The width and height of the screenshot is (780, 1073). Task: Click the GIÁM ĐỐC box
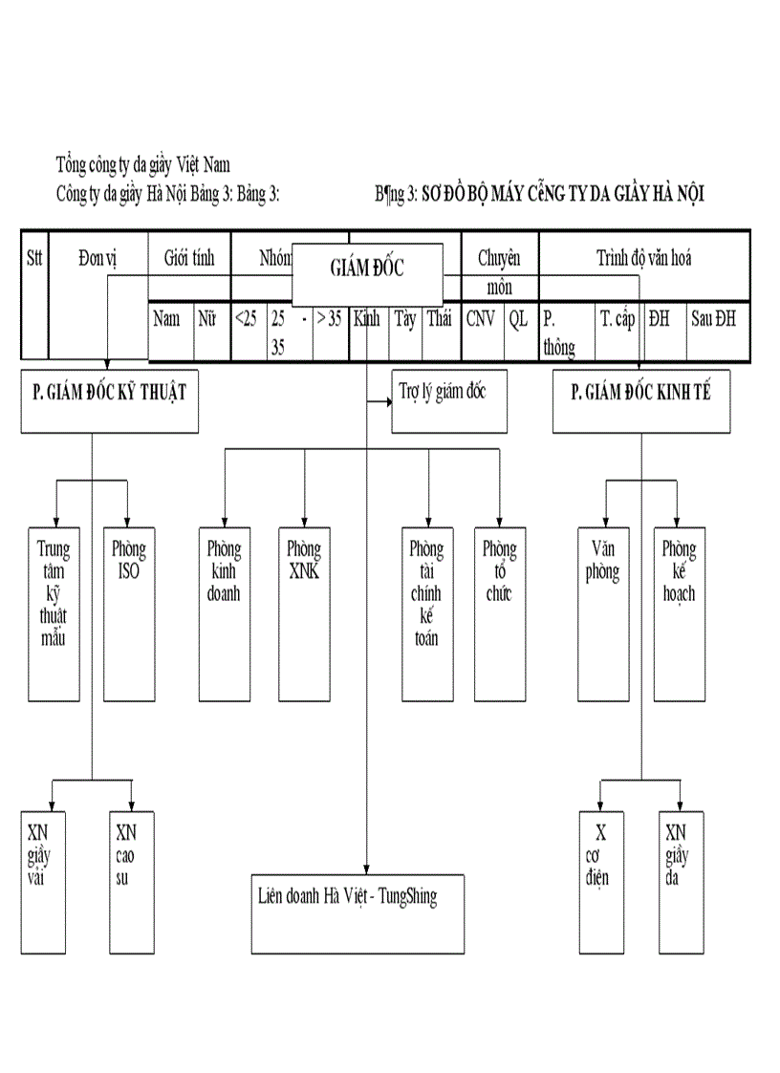click(367, 269)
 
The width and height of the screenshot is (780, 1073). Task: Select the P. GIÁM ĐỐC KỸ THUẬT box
click(110, 401)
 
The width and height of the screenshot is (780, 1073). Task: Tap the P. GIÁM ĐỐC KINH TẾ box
click(640, 401)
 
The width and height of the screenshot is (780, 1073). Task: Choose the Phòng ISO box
click(128, 612)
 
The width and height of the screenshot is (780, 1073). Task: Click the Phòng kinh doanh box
click(224, 612)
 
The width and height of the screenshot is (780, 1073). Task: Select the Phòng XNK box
click(303, 612)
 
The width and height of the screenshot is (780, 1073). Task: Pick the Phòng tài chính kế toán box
click(426, 612)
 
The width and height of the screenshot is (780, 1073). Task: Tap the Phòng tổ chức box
click(499, 612)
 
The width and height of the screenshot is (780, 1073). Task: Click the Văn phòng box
click(603, 612)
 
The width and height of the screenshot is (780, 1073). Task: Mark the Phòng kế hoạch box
click(679, 612)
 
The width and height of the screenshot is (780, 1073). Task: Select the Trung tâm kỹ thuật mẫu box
click(54, 612)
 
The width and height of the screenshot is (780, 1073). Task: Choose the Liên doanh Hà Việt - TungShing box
click(357, 912)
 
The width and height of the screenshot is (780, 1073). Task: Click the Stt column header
click(34, 258)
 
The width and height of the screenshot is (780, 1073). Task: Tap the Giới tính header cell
click(189, 258)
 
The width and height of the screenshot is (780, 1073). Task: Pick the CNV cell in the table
click(482, 320)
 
